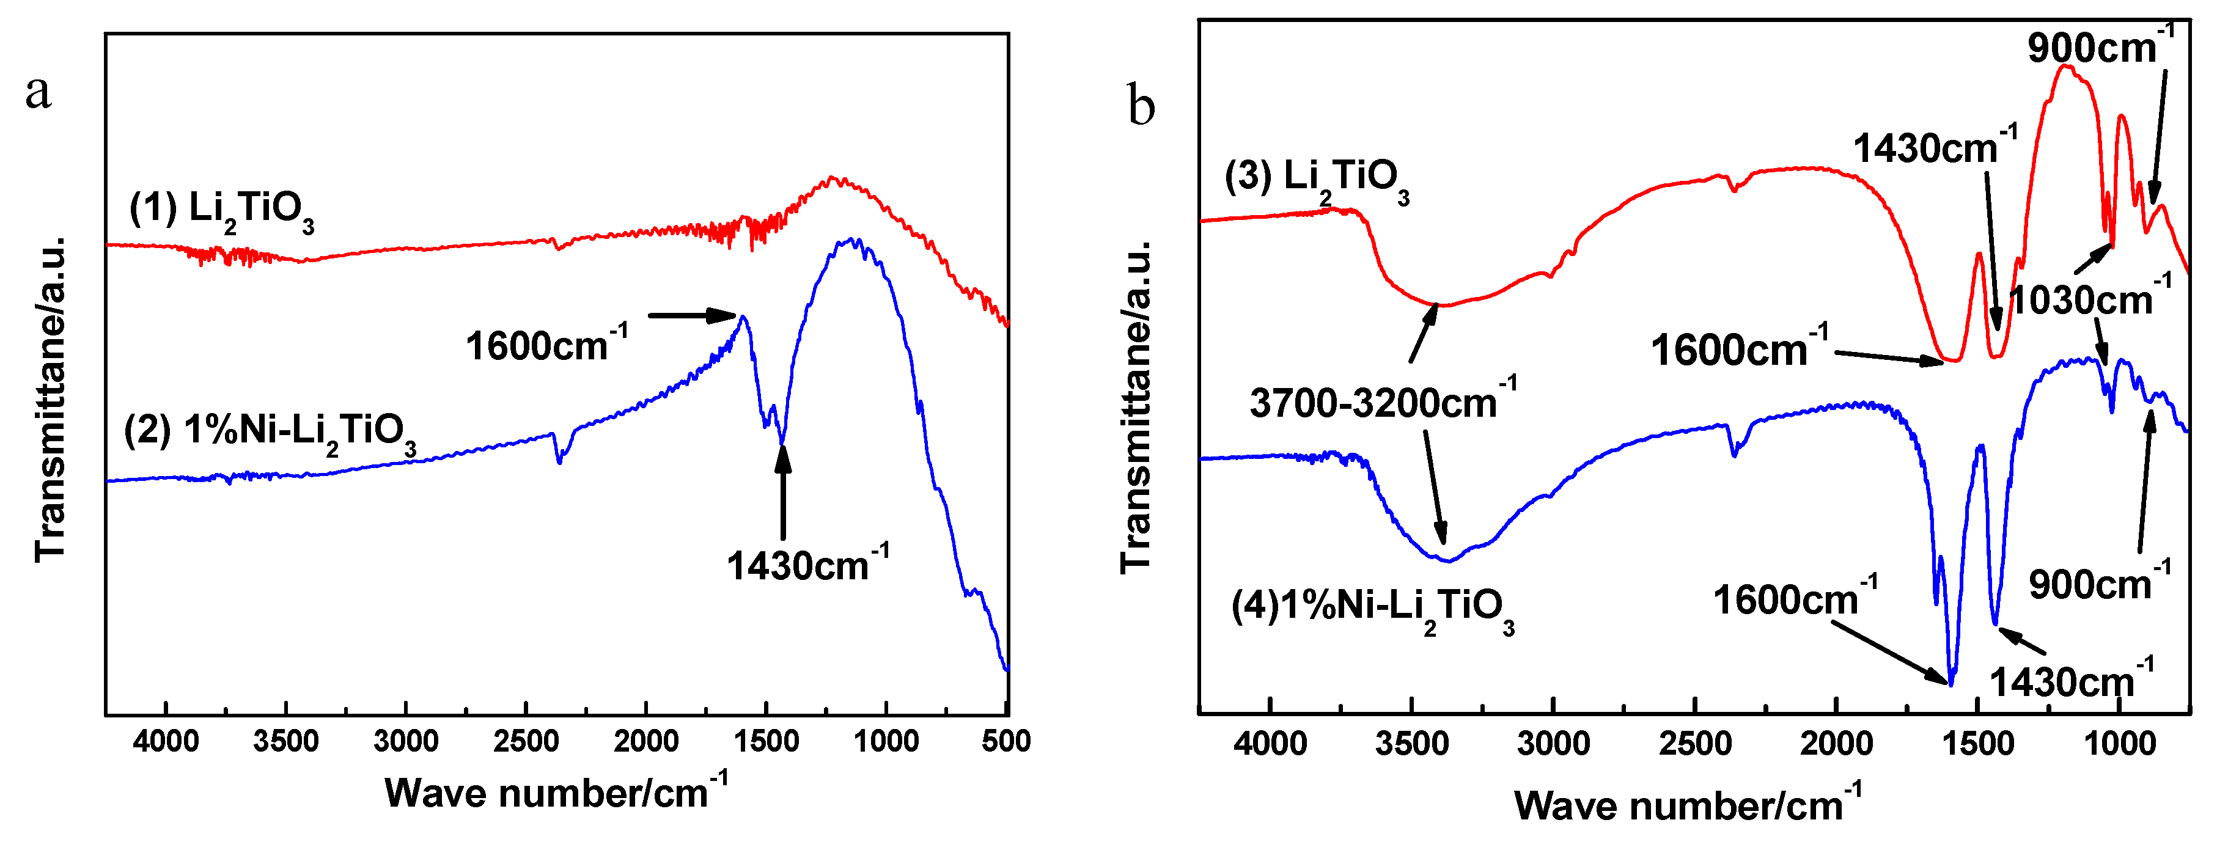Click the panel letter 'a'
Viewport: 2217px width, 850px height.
click(x=38, y=92)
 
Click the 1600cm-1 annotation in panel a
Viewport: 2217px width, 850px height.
click(x=546, y=346)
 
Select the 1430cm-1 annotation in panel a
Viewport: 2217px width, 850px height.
click(x=806, y=565)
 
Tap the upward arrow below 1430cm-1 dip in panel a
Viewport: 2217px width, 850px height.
click(x=782, y=490)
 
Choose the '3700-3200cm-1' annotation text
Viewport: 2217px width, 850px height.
click(x=1382, y=401)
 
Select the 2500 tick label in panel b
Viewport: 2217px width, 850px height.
click(x=1694, y=743)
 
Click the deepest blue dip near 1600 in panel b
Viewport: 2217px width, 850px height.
click(x=1951, y=682)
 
